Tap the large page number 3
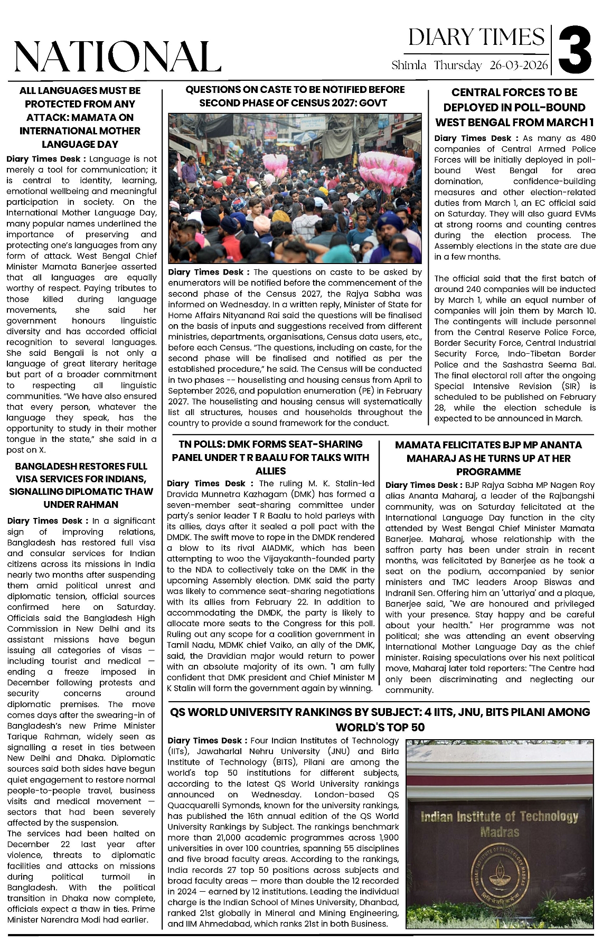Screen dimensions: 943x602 click(x=575, y=51)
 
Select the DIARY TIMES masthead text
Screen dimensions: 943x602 click(x=476, y=37)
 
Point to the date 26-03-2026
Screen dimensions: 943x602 click(x=519, y=65)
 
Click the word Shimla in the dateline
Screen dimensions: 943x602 click(x=409, y=65)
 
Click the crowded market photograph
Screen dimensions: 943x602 click(x=295, y=188)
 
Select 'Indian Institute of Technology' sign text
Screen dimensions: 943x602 click(x=499, y=817)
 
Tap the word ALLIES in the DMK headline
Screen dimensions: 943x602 click(x=270, y=470)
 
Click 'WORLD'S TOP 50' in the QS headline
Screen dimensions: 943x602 click(x=380, y=727)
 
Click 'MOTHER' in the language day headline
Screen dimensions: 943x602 click(x=117, y=131)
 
